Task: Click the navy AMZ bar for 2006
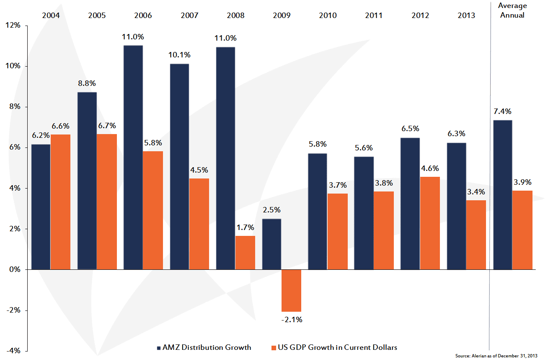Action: pyautogui.click(x=133, y=157)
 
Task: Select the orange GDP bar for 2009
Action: pyautogui.click(x=291, y=290)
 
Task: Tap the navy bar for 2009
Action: pyautogui.click(x=271, y=244)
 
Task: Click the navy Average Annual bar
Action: pyautogui.click(x=503, y=195)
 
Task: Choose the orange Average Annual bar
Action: pyautogui.click(x=522, y=230)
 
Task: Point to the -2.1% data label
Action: pyautogui.click(x=292, y=320)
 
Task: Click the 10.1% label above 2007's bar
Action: pyautogui.click(x=179, y=55)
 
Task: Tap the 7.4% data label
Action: pyautogui.click(x=502, y=111)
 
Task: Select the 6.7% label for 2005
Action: pyautogui.click(x=107, y=125)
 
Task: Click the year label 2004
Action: pyautogui.click(x=51, y=16)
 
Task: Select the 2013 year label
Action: pyautogui.click(x=466, y=16)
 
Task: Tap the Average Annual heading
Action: pyautogui.click(x=512, y=11)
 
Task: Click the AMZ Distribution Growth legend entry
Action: pyautogui.click(x=204, y=347)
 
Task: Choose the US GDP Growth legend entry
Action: pyautogui.click(x=334, y=347)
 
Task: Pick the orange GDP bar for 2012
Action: pyautogui.click(x=430, y=223)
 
